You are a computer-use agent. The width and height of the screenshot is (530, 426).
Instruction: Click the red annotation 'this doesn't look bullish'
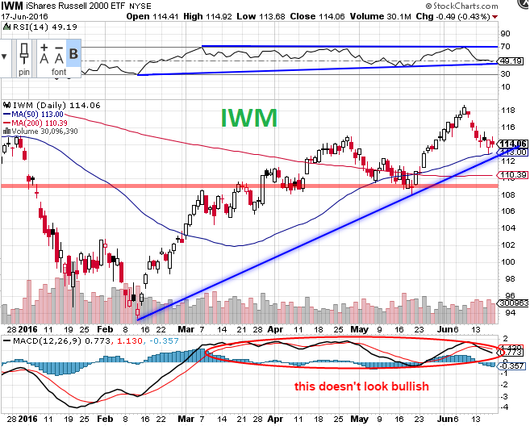[361, 386]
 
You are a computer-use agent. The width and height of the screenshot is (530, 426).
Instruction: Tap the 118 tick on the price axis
[508, 111]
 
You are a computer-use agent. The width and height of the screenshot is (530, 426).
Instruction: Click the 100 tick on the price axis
[508, 261]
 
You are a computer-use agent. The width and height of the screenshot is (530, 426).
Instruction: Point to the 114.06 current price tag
[514, 144]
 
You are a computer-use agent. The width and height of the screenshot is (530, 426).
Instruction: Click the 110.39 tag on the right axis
[514, 174]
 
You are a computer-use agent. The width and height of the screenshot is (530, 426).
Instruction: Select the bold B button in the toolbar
[73, 56]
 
